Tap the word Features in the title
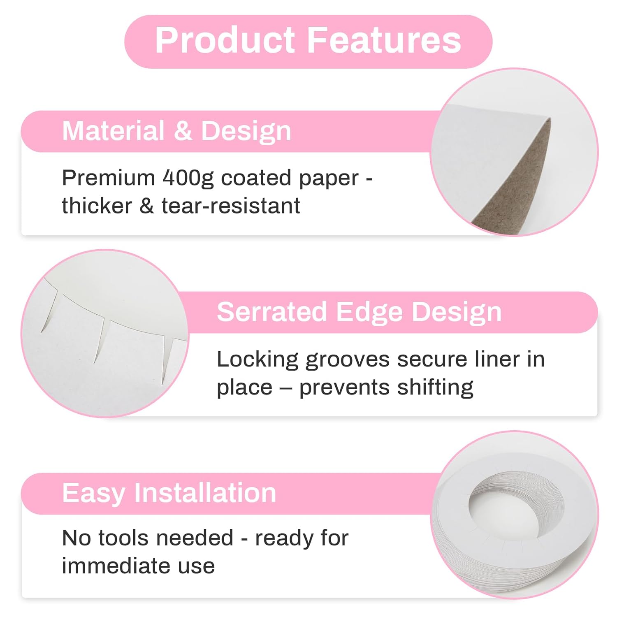pos(384,40)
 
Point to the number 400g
pos(188,178)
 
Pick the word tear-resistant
pos(230,206)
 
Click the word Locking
pos(257,360)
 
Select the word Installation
pos(205,493)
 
